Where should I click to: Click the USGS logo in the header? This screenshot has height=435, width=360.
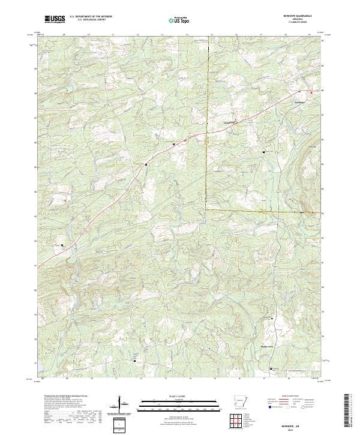55,19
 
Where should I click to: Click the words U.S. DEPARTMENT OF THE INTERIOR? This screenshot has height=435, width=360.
91,17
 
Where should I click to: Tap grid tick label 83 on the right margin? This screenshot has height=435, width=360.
322,214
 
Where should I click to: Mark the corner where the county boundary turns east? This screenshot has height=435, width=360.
206,210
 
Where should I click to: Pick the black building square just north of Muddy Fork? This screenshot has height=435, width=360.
272,318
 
